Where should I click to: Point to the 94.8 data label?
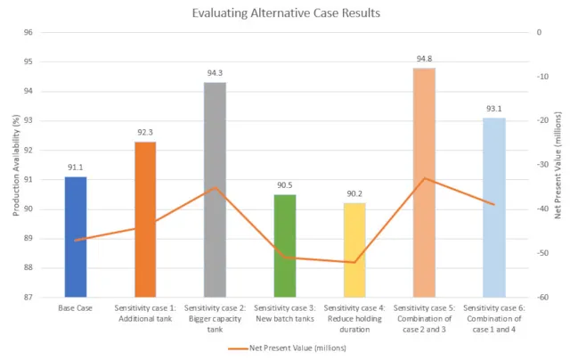(x=424, y=60)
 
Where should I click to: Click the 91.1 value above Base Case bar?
(x=76, y=168)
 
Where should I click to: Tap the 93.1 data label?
(x=493, y=109)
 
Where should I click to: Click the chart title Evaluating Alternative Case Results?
(x=284, y=13)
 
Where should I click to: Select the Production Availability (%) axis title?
(x=15, y=165)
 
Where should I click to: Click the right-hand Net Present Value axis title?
(x=558, y=165)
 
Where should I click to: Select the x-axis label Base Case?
(x=76, y=308)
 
